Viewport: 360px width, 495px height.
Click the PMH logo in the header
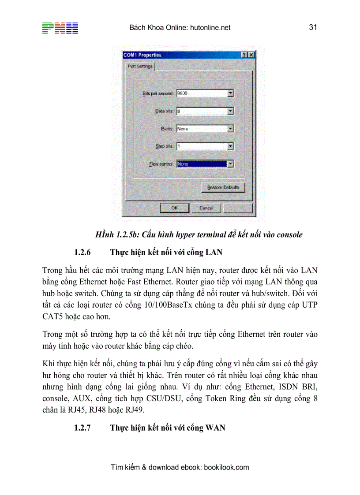tap(60, 28)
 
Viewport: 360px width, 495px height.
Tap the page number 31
tap(313, 27)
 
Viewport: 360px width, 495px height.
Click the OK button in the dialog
tap(174, 208)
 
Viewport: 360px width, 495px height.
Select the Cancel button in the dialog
tap(206, 208)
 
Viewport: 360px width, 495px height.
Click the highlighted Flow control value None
tap(201, 164)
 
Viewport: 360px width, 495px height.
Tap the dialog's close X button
tap(251, 55)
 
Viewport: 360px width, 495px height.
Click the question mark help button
tap(244, 55)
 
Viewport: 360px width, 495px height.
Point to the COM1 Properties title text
tap(142, 55)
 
